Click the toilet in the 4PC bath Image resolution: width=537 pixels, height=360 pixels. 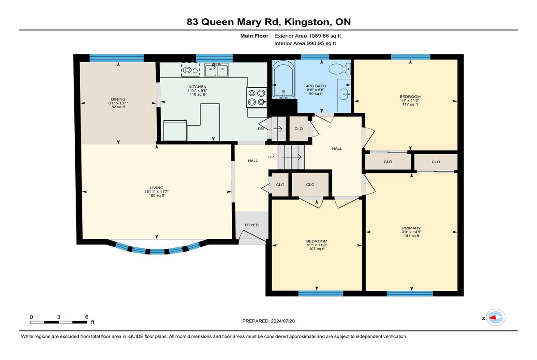click(340, 69)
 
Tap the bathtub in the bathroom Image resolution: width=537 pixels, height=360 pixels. click(283, 80)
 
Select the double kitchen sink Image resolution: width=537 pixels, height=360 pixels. click(217, 70)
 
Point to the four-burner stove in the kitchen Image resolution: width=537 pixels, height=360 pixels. click(256, 97)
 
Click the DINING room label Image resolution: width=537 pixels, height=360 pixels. click(118, 99)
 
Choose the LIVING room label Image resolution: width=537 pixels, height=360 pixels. click(157, 188)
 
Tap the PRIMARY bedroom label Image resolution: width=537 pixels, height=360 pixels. click(412, 228)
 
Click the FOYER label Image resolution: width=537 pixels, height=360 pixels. click(251, 225)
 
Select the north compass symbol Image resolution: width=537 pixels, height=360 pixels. click(495, 318)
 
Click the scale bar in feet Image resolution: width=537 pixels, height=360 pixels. click(59, 322)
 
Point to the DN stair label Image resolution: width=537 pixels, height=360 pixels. click(260, 129)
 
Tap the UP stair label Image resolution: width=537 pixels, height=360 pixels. click(271, 157)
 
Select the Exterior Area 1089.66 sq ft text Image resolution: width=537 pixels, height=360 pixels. click(307, 36)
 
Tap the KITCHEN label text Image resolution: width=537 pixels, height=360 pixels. click(197, 87)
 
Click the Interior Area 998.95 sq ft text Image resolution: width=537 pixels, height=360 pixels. click(305, 43)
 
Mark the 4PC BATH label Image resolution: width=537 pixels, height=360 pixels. click(316, 86)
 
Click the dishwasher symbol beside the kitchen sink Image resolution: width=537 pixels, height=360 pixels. click(190, 70)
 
